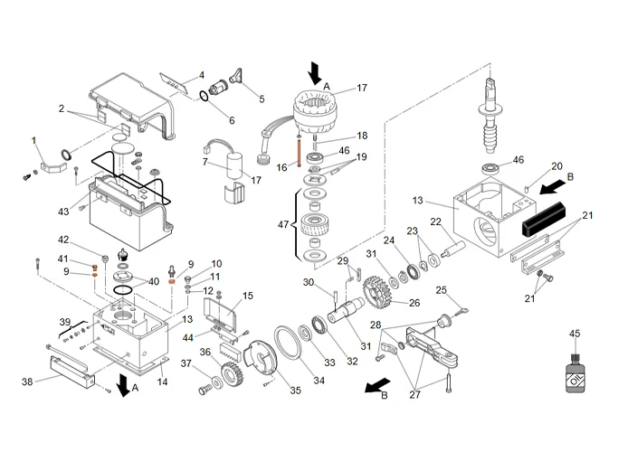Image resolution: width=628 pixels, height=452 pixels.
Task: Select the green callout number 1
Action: point(33,140)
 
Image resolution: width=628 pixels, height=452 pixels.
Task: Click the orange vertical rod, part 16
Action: point(296,147)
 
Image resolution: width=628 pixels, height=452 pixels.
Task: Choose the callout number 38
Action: point(27,381)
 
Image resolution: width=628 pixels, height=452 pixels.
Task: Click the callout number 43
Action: point(63,212)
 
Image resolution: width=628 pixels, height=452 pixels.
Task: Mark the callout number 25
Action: point(442,290)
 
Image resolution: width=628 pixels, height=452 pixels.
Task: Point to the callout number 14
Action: point(163,382)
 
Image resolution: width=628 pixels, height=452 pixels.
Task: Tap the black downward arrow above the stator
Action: point(316,71)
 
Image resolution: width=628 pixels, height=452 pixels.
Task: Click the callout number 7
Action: point(205,163)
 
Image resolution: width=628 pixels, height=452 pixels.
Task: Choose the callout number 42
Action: point(63,240)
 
